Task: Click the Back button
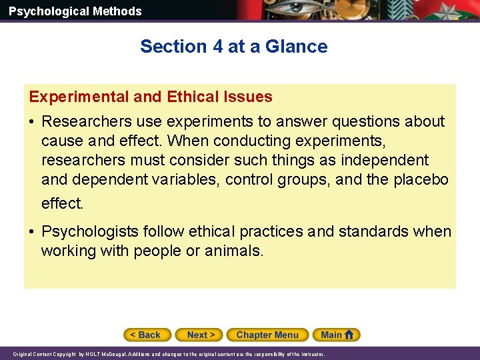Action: coord(147,335)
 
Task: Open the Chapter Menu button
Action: coord(267,335)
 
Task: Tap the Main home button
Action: coord(338,335)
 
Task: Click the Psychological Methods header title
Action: coord(75,11)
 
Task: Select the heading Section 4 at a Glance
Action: coord(233,47)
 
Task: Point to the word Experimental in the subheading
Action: coord(79,97)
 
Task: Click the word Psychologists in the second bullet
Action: coord(89,231)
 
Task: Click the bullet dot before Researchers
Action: coord(32,122)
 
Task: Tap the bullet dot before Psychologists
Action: coord(32,232)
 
